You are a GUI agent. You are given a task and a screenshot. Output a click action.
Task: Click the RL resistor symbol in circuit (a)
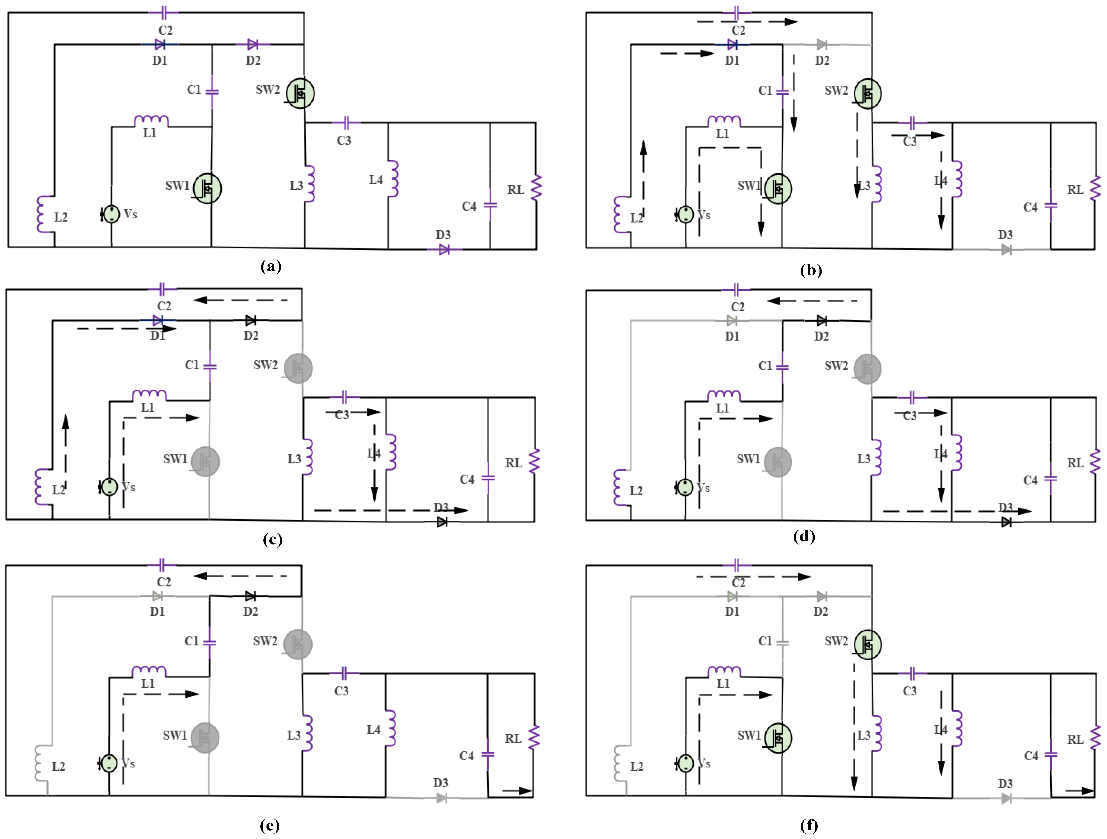point(537,188)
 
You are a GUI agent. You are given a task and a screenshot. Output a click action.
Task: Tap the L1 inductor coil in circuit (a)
point(151,121)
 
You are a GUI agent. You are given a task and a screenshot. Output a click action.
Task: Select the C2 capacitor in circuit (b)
point(737,13)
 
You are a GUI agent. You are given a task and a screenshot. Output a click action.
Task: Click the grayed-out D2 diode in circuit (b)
point(821,45)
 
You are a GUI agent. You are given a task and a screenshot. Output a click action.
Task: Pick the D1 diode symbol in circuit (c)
point(158,320)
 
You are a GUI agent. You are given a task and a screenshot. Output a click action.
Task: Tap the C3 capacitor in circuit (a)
point(346,123)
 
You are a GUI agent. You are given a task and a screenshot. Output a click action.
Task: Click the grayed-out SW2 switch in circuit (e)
point(298,644)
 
